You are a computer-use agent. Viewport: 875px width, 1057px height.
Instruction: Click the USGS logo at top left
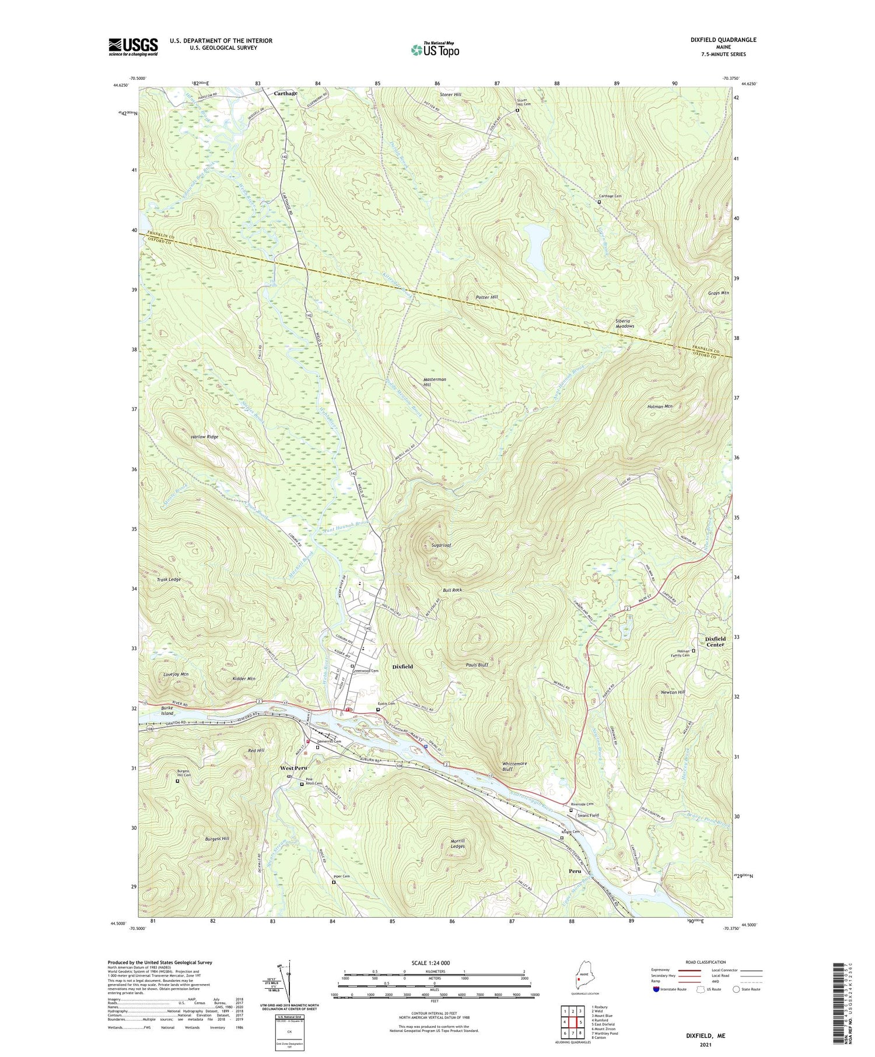coord(133,47)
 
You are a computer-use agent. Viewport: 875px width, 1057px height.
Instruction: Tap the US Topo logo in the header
coord(435,50)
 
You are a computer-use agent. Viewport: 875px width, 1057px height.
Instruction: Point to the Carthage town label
coord(286,93)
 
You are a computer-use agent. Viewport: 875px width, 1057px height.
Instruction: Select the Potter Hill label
coord(487,297)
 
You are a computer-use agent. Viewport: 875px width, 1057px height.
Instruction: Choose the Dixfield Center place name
coord(715,641)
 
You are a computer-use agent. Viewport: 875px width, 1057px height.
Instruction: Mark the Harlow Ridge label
coord(188,437)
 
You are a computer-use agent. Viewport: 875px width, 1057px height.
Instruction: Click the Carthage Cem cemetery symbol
coord(599,202)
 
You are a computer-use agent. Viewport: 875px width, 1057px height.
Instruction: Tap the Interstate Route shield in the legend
coord(656,989)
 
